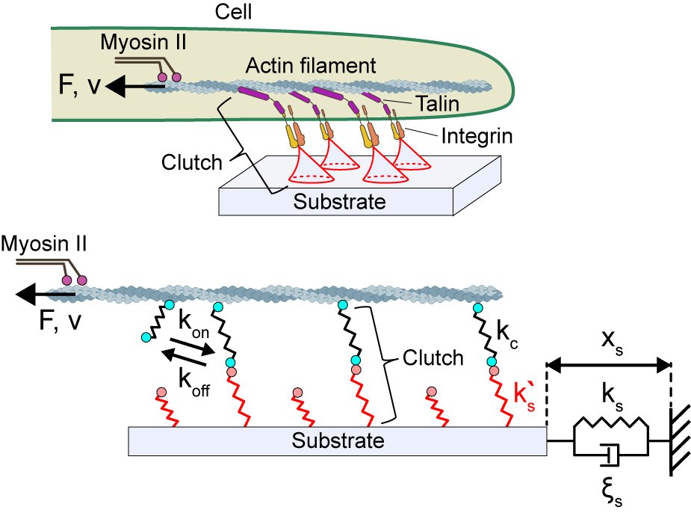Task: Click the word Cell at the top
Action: coord(233,11)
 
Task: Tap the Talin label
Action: coord(438,104)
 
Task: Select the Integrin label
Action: coord(477,136)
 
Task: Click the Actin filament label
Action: coord(311,66)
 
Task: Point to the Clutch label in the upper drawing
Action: coord(192,162)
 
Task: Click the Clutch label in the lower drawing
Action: coord(433,357)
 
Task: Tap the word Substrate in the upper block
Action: coord(339,202)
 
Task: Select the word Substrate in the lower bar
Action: coord(338,440)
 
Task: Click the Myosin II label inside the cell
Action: coord(143,43)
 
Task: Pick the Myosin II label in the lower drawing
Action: coord(43,244)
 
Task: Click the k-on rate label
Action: coord(193,325)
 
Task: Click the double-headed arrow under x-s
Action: coord(609,365)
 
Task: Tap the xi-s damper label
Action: coord(612,492)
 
